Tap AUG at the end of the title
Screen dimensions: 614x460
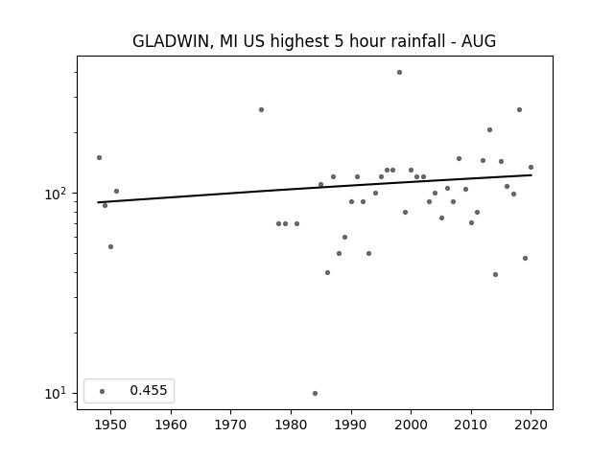(479, 41)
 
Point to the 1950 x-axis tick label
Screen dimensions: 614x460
(111, 425)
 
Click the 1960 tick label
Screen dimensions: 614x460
(171, 425)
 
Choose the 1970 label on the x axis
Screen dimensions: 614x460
(230, 425)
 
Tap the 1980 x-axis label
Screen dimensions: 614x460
(291, 425)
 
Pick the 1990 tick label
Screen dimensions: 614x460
(351, 425)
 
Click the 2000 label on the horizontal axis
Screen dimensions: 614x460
(412, 425)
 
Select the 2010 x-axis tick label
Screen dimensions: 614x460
(471, 425)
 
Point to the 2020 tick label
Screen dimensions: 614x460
(531, 425)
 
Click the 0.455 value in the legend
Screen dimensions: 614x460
(149, 390)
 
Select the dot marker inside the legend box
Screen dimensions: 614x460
(103, 391)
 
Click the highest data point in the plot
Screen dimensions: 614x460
(399, 73)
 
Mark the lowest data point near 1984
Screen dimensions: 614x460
(316, 394)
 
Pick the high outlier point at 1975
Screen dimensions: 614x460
(261, 110)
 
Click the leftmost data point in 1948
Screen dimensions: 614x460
(99, 157)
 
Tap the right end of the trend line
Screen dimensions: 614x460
(531, 174)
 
